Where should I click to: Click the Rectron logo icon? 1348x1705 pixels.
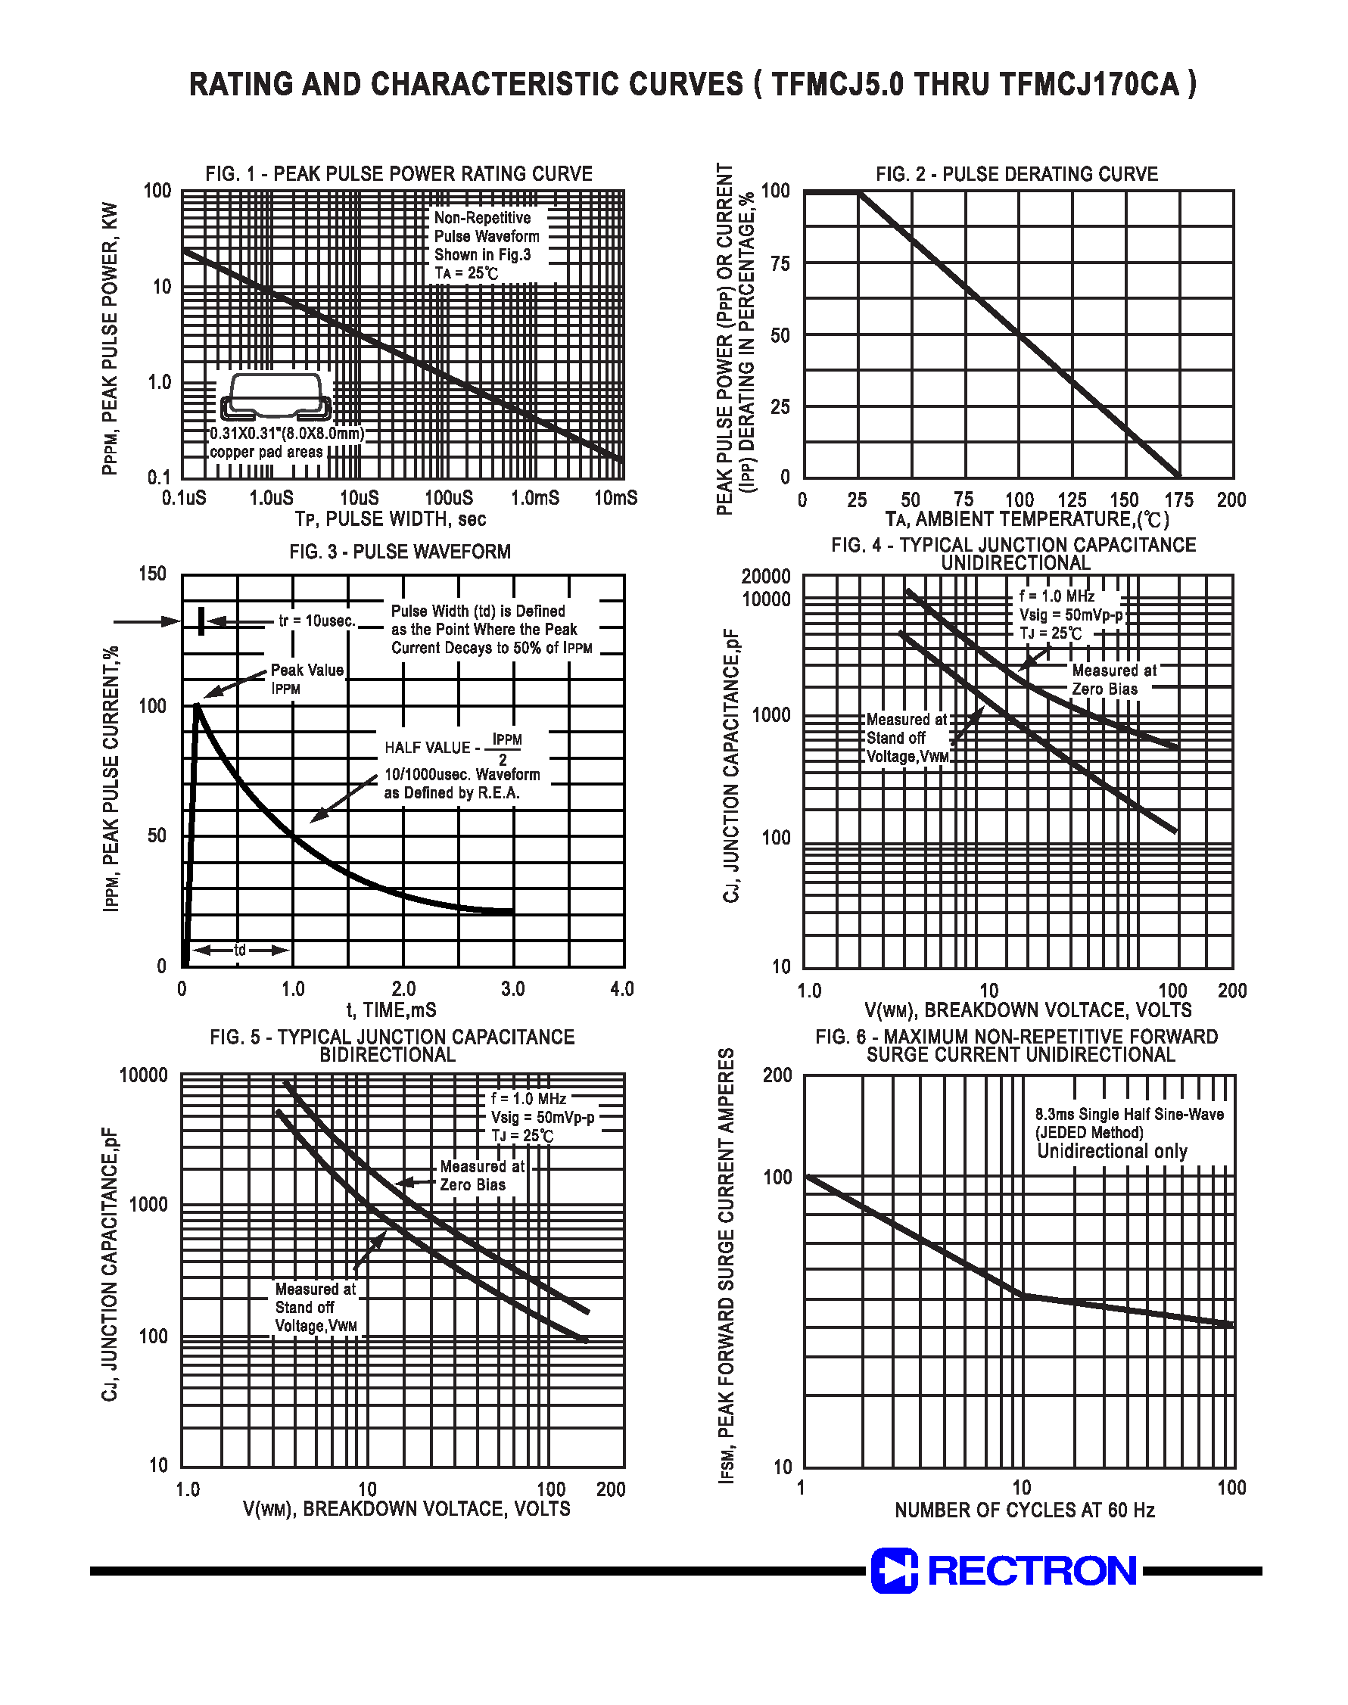894,1570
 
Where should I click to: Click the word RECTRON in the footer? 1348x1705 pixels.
1032,1570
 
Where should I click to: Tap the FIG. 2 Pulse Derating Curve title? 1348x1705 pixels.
1016,174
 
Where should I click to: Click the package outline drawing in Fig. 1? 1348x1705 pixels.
276,396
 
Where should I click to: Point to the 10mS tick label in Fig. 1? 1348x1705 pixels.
615,498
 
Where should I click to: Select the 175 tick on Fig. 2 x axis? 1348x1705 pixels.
1179,500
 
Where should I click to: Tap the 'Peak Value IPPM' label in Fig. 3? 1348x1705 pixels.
307,679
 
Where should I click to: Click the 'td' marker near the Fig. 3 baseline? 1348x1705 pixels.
240,950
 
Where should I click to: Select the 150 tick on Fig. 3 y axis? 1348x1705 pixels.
152,574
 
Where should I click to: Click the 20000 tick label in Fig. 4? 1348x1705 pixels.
765,577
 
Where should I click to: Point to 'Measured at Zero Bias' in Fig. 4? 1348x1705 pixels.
1113,680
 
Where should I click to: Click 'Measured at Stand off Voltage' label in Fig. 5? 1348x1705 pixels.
315,1308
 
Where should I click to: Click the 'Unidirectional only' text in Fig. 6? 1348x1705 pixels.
1112,1151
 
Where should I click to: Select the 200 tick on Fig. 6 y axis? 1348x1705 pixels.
777,1075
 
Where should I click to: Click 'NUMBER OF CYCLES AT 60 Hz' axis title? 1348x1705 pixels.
1024,1510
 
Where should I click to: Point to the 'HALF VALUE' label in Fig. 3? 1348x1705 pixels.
428,747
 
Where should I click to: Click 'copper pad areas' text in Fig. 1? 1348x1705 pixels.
266,452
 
